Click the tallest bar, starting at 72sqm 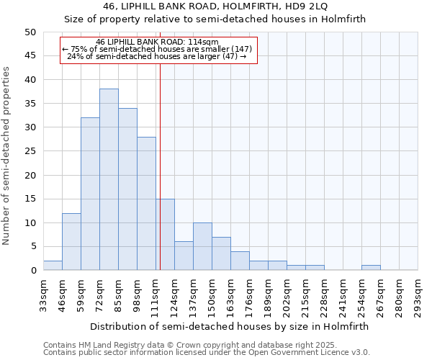coord(109,179)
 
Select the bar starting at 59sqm coord(90,194)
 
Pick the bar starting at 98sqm coord(146,203)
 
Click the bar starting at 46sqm coord(71,241)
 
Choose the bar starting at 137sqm coord(202,246)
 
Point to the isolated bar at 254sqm coord(371,268)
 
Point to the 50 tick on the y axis coord(30,32)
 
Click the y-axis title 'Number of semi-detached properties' coord(7,156)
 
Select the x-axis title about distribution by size coord(230,326)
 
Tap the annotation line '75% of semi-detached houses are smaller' coord(158,49)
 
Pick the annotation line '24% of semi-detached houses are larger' coord(158,56)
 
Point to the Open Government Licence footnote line coord(207,352)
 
